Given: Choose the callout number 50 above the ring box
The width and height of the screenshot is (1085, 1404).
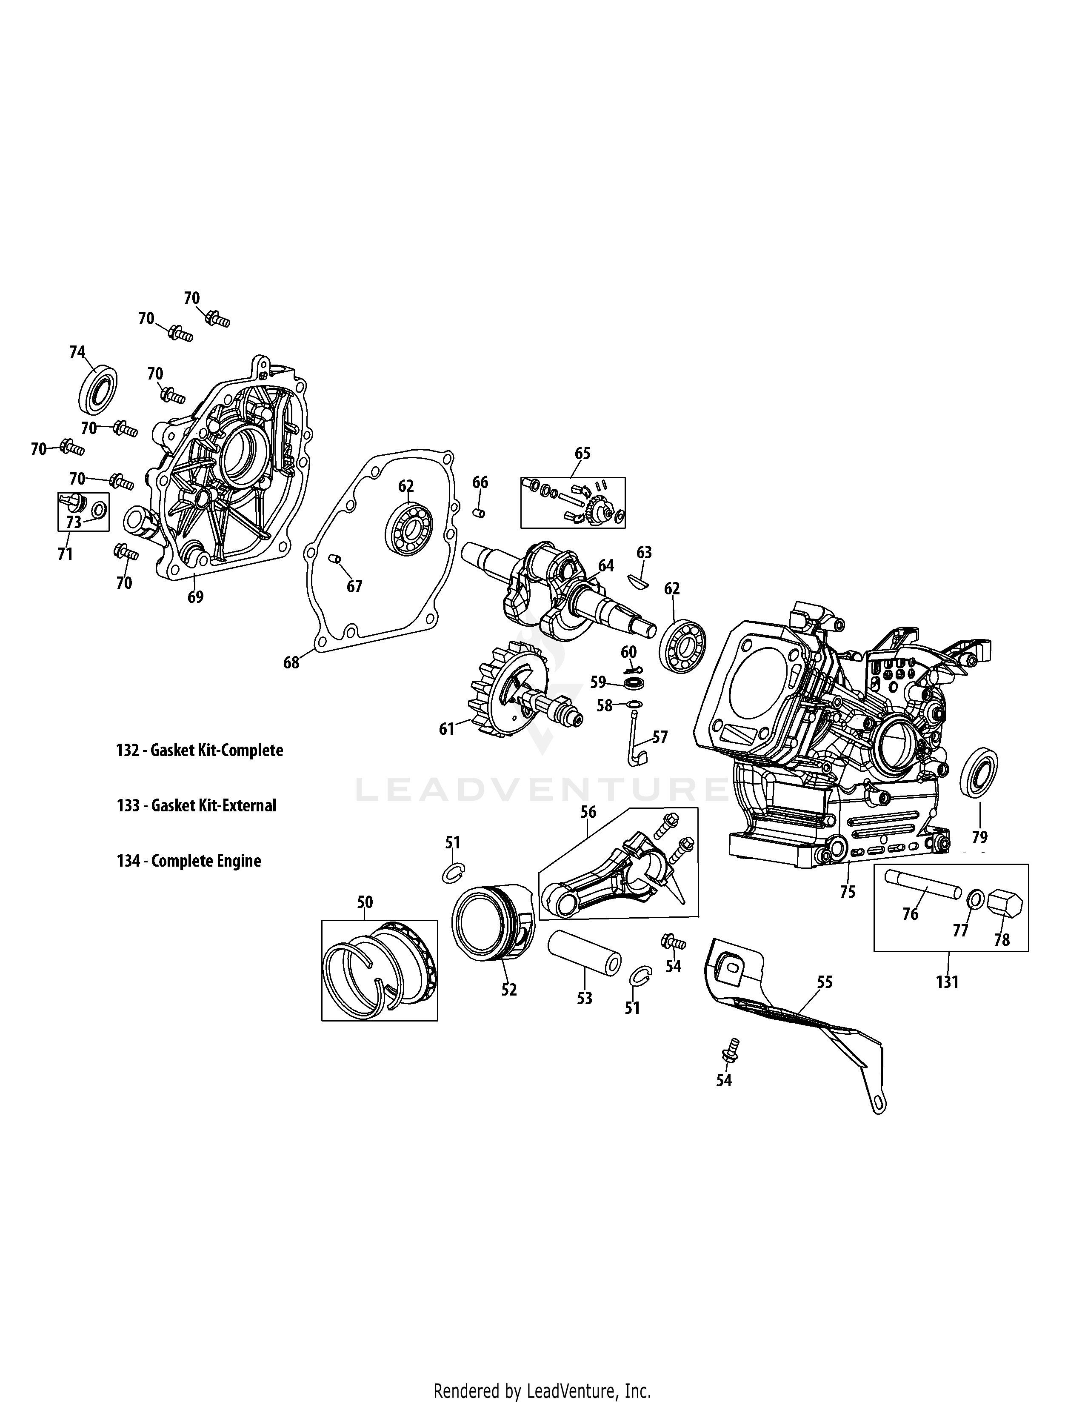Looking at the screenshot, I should click(x=365, y=902).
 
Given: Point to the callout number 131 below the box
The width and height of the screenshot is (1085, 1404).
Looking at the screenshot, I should click(x=948, y=982).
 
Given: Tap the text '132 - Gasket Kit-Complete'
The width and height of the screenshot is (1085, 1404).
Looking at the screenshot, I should click(x=199, y=750).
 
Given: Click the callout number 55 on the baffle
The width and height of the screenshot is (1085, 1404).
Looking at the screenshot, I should click(x=825, y=982).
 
